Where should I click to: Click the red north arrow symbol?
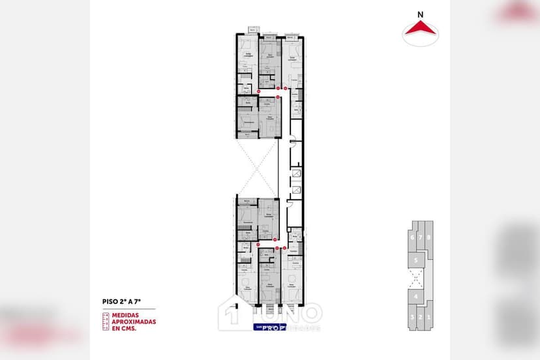(420, 27)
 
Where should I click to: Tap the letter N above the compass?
(420, 14)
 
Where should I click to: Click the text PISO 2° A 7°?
(121, 301)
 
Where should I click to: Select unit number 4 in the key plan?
(415, 297)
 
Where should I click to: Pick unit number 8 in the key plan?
(429, 237)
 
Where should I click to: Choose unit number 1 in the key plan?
(428, 318)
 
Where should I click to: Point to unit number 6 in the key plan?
(412, 237)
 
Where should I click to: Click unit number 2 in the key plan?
(421, 318)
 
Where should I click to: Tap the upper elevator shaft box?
(297, 173)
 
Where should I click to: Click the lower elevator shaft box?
(297, 190)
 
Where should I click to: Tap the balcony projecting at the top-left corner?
(252, 29)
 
